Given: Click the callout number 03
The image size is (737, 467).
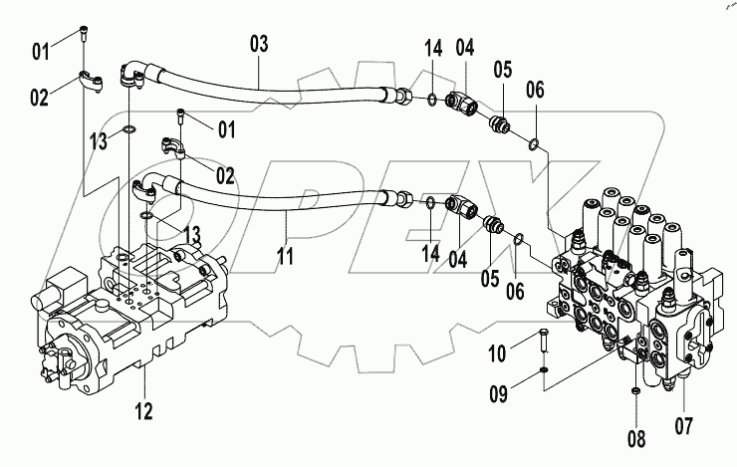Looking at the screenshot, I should tap(258, 44).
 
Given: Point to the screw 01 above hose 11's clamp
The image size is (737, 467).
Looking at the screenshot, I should tap(181, 117).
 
